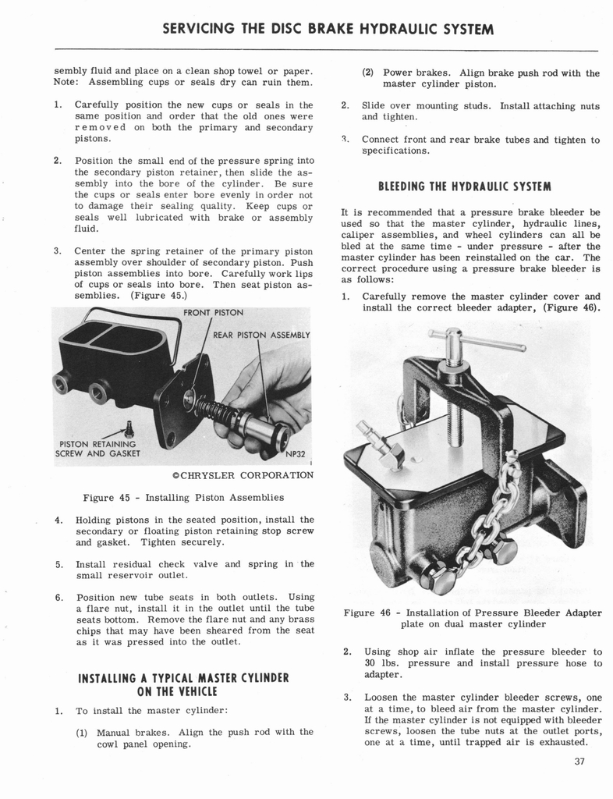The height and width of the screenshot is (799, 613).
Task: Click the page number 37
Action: [578, 762]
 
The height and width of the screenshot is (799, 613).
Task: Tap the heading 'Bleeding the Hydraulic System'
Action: [465, 186]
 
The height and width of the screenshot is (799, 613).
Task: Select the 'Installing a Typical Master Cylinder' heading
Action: [183, 684]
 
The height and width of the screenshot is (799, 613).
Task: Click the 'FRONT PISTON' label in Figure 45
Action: [213, 312]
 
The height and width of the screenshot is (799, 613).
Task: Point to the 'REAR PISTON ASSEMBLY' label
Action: [262, 336]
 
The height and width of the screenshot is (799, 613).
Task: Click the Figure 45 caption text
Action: [183, 497]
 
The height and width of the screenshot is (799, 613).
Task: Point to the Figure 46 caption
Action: [466, 618]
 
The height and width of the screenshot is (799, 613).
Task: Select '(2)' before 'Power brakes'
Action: [370, 73]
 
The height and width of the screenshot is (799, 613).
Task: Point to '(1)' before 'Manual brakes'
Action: [83, 733]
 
